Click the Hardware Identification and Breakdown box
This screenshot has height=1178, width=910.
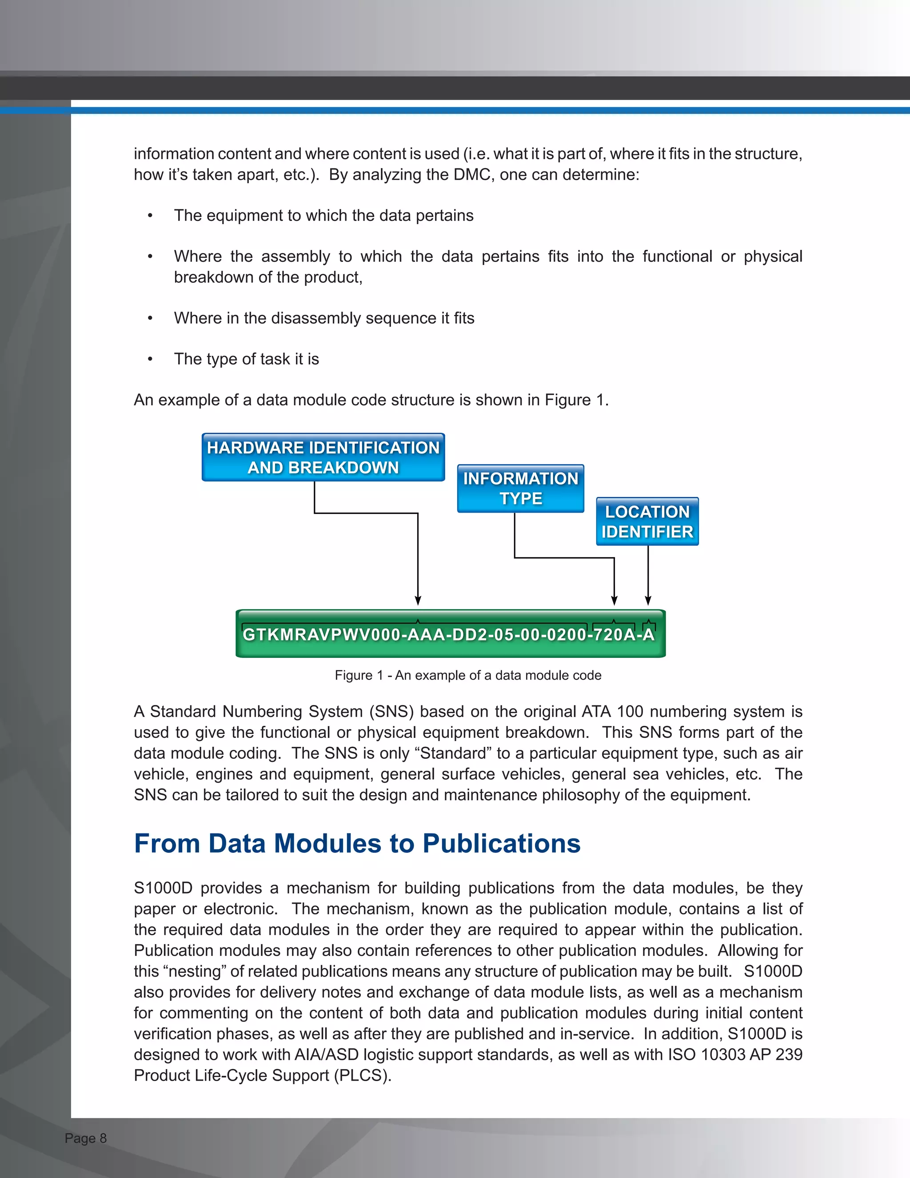point(323,457)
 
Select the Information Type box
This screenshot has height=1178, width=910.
point(520,488)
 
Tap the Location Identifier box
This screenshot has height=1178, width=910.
point(647,521)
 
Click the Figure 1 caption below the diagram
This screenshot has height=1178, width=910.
point(467,675)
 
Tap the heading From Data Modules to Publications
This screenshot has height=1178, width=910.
point(357,844)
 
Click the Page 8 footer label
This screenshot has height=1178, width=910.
point(86,1138)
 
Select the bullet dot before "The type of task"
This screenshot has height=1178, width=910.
point(151,359)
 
